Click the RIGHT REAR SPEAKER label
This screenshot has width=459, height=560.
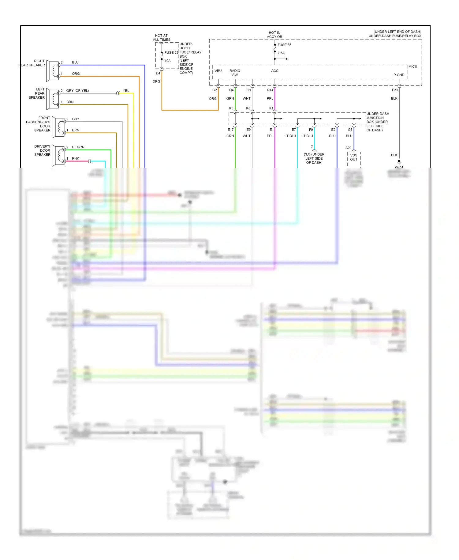(32, 63)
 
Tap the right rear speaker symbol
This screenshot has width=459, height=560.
(53, 71)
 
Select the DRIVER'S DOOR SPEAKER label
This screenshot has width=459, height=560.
(42, 150)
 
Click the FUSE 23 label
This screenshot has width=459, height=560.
(171, 53)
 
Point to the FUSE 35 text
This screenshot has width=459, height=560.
(284, 45)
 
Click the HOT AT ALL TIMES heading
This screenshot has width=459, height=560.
(162, 38)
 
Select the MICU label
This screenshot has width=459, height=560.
(412, 66)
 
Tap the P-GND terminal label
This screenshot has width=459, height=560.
(399, 75)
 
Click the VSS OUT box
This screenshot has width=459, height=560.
(354, 157)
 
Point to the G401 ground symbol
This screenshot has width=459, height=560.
(399, 162)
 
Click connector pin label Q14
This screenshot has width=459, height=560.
(270, 90)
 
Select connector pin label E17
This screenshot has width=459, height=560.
(230, 130)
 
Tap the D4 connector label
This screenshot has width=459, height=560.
(158, 73)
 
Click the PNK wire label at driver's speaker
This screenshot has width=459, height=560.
(76, 158)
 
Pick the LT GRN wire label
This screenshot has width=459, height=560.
(78, 147)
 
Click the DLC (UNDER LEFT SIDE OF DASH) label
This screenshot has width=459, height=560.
(314, 158)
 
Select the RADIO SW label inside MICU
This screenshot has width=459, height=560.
(235, 73)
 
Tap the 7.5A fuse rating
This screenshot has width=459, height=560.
(281, 53)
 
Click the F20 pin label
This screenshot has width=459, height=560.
(394, 90)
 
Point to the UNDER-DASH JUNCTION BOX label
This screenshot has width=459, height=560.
(377, 122)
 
